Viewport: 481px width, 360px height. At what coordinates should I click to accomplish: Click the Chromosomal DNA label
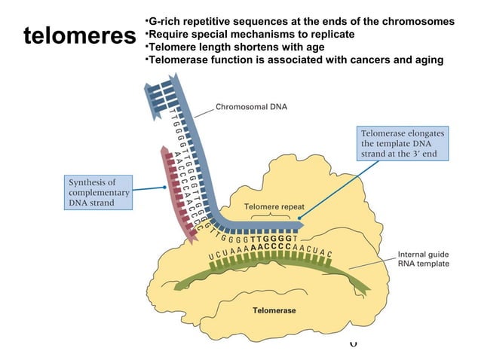pyautogui.click(x=256, y=107)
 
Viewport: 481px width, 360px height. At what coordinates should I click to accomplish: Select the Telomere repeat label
pyautogui.click(x=274, y=206)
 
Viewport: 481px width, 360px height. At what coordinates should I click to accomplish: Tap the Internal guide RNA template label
pyautogui.click(x=424, y=259)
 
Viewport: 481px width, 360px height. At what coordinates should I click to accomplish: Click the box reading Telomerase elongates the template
pyautogui.click(x=403, y=144)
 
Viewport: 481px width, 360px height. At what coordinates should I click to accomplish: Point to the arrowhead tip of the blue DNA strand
pyautogui.click(x=302, y=224)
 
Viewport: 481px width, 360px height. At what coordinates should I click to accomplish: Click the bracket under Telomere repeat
pyautogui.click(x=274, y=215)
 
